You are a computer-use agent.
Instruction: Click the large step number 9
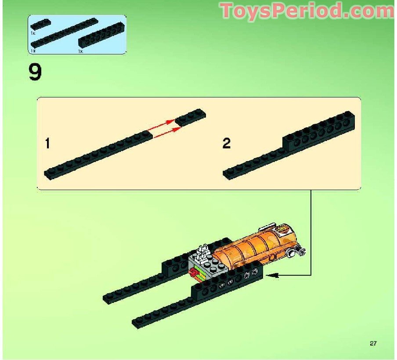(35, 72)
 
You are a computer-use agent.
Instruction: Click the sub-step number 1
(48, 144)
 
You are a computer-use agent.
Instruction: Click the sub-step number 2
(226, 144)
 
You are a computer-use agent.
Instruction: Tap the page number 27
(373, 343)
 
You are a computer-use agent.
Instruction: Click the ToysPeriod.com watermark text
(307, 11)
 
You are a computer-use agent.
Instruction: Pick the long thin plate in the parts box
(64, 32)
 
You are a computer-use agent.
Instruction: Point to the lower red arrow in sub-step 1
(167, 130)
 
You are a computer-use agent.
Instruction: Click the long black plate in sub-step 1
(97, 155)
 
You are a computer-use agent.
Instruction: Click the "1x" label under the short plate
(33, 33)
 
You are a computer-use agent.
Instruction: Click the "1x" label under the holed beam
(80, 51)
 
